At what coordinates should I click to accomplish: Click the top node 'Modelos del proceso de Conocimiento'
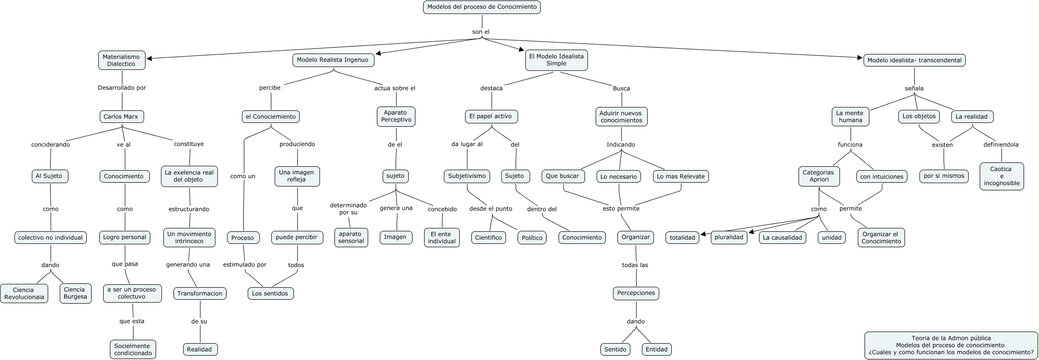pos(482,7)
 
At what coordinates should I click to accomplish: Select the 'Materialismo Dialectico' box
pos(121,60)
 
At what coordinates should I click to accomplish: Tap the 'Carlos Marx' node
pos(121,117)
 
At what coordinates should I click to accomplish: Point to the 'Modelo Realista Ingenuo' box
pos(333,60)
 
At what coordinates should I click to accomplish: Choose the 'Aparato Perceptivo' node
pos(396,117)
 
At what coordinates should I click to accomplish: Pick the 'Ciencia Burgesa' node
pos(75,293)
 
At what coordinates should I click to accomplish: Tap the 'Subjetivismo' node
pos(467,176)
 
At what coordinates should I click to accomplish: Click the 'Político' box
pos(532,238)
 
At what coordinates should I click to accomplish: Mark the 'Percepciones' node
pos(636,293)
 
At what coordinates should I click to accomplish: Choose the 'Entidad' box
pos(656,349)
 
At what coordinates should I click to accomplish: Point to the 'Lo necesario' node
pos(619,177)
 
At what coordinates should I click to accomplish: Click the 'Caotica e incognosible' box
pos(1001,176)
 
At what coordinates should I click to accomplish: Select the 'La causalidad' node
pos(782,238)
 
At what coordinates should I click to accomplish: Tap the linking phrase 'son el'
pos(481,32)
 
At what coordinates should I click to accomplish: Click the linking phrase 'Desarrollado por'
pos(121,88)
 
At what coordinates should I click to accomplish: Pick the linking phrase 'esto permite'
pos(621,209)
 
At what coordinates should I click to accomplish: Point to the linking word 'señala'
pos(914,88)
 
